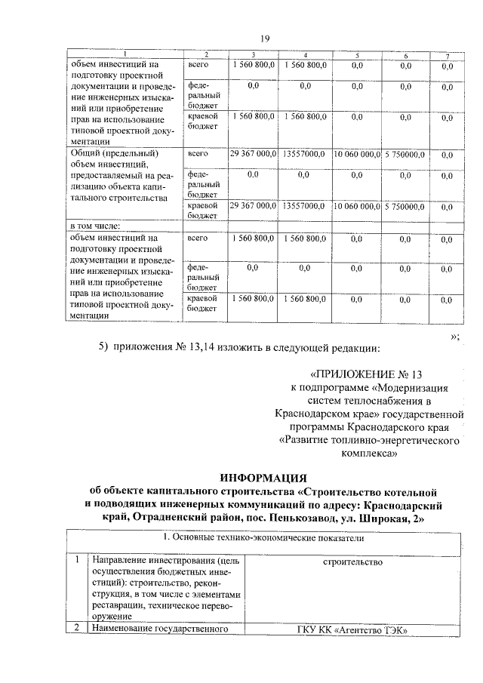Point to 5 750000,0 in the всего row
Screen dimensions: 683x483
click(405, 154)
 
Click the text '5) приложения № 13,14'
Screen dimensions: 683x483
click(163, 347)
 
